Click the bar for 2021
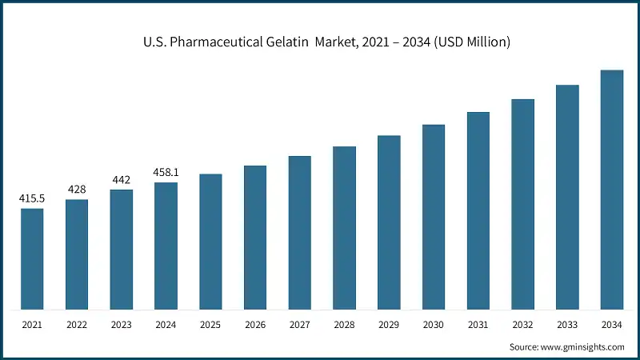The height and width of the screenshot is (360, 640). coord(32,259)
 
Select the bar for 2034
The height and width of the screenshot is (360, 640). coord(612,190)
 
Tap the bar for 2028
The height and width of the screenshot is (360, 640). coord(344,228)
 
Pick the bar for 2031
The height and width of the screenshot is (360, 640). coord(478,210)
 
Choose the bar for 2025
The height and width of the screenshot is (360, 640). coord(210,242)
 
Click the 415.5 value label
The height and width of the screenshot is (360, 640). coord(32,198)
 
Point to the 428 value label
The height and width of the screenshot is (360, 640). coord(77,189)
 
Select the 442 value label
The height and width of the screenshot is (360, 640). coord(122,179)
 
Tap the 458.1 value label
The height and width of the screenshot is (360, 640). coord(166,172)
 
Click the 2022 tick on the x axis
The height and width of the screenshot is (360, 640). coord(77,326)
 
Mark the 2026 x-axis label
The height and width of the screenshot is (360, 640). coord(255,326)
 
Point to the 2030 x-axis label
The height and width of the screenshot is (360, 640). coord(434,326)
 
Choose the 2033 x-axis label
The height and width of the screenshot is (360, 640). coord(567,326)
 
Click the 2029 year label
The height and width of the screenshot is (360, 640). coord(389,326)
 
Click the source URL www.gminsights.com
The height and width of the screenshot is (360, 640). coord(583,347)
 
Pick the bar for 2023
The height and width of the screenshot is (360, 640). coord(122,250)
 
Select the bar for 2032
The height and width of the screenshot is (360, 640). coord(522,204)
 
